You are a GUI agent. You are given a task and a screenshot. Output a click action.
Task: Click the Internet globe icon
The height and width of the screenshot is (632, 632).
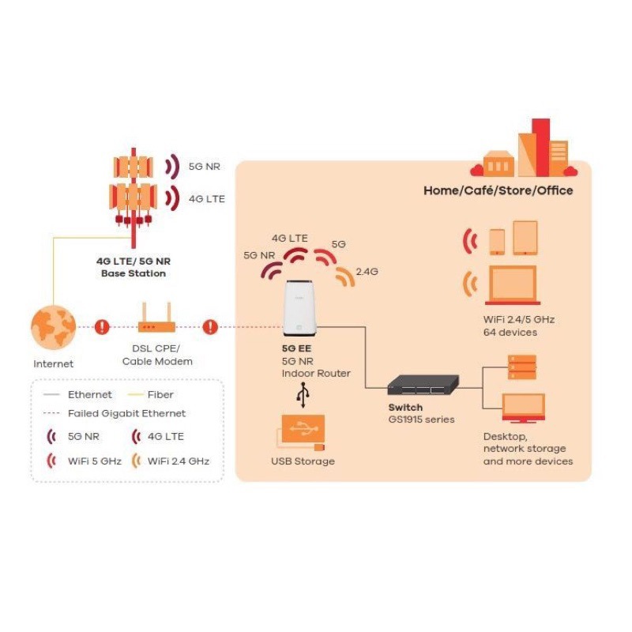[x=53, y=326]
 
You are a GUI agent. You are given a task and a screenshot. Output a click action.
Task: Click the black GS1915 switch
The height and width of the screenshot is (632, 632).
[x=423, y=386]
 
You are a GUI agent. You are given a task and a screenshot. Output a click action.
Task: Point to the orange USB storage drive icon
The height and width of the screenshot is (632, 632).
[x=300, y=431]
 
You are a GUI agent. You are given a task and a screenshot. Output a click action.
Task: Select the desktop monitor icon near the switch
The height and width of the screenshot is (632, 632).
[x=523, y=408]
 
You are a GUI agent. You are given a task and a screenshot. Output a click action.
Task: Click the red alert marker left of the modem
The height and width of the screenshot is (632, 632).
[x=102, y=326]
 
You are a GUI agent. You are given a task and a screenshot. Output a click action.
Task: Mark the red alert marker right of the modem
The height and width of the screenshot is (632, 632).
[x=210, y=326]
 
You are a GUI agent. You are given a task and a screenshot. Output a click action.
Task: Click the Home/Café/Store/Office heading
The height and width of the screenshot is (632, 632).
[x=498, y=190]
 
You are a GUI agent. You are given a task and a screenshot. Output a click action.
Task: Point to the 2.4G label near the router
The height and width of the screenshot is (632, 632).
[x=367, y=272]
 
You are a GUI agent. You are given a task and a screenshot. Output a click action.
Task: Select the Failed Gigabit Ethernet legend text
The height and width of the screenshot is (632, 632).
[x=126, y=413]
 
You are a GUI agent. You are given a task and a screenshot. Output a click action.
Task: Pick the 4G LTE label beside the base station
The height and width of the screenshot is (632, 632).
[x=206, y=198]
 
